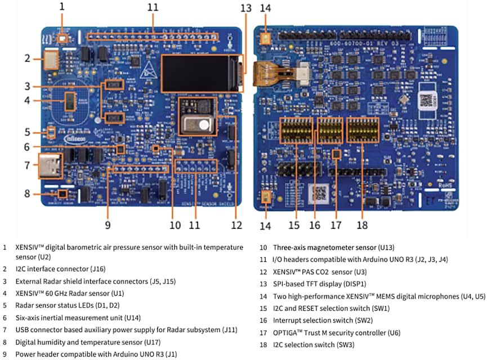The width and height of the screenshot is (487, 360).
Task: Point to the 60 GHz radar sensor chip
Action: pyautogui.click(x=70, y=101)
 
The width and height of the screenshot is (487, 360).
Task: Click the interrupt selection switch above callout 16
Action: pyautogui.click(x=330, y=131)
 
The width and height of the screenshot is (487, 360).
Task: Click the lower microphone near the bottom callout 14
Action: pyautogui.click(x=266, y=197)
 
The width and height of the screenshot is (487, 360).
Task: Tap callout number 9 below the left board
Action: pyautogui.click(x=108, y=225)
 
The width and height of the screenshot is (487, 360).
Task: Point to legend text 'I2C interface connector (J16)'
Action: pyautogui.click(x=60, y=269)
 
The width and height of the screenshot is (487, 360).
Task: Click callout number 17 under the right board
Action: pyautogui.click(x=336, y=225)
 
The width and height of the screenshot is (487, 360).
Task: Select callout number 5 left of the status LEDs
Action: pyautogui.click(x=27, y=133)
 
